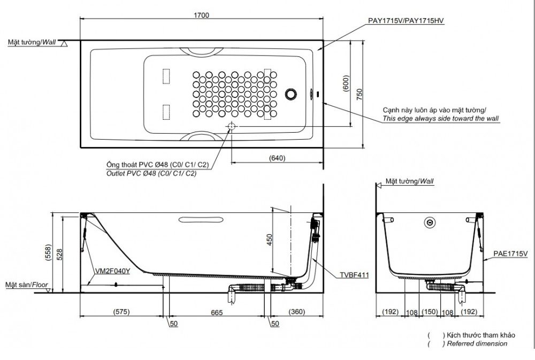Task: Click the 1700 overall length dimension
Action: (201, 16)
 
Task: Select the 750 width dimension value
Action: (360, 94)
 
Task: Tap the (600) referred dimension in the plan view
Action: (346, 83)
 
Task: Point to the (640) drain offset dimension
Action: (277, 158)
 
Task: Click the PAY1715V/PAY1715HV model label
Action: (406, 20)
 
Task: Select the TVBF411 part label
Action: (354, 275)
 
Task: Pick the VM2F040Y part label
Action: (112, 271)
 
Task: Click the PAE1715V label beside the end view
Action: (510, 254)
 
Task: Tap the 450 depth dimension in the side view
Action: (270, 240)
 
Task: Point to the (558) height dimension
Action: (48, 252)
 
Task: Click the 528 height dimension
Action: (59, 255)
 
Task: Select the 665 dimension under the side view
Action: (217, 312)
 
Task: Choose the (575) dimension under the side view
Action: (121, 311)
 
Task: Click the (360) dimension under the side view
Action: (297, 311)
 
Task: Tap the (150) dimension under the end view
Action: (430, 311)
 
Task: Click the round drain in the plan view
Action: (291, 94)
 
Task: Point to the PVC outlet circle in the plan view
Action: (232, 126)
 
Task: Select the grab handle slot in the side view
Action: (201, 219)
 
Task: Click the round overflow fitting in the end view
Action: (430, 223)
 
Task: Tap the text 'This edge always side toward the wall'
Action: (440, 118)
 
